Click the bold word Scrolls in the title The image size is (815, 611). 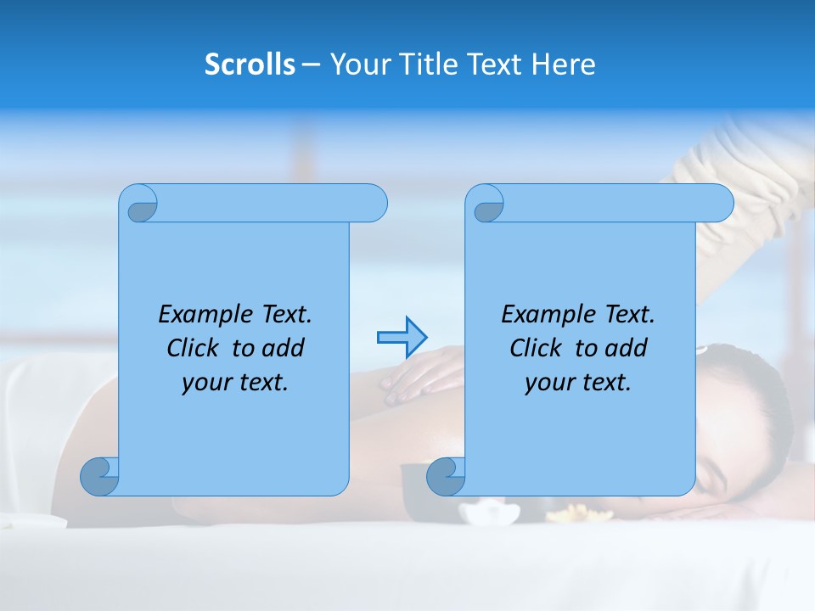250,64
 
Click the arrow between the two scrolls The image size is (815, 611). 402,338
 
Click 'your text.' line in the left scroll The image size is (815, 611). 235,382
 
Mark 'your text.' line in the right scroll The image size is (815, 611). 578,382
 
